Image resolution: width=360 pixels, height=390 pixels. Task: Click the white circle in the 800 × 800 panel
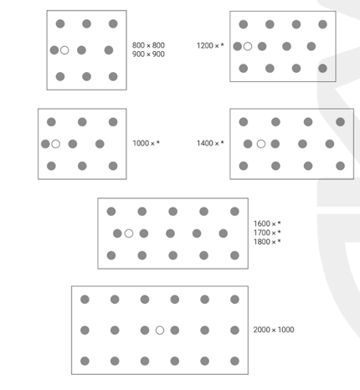point(64,50)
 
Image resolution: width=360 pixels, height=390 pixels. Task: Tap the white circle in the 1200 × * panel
point(248,46)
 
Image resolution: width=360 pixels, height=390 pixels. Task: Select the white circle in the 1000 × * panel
point(56,144)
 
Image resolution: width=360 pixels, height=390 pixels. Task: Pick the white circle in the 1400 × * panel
point(261,144)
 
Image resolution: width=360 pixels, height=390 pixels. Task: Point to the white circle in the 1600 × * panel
point(129,233)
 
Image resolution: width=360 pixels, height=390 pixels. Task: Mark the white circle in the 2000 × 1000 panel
point(160,331)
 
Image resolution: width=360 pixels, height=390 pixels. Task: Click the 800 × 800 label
point(148,45)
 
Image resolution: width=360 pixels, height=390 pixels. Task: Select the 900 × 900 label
point(148,54)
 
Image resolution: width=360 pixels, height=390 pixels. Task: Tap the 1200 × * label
point(210,45)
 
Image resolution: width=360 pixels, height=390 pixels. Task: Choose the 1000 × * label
point(146,143)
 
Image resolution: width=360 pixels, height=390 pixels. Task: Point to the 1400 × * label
point(210,143)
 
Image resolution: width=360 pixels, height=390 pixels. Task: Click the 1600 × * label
point(267,223)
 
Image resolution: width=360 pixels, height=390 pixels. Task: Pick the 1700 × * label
point(267,233)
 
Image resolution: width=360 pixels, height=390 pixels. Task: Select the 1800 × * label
point(267,242)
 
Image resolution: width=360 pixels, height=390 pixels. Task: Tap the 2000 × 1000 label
point(274,330)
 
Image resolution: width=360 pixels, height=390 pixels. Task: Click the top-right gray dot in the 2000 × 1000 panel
point(234,300)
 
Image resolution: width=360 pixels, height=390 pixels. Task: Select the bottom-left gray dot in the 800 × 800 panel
point(60,76)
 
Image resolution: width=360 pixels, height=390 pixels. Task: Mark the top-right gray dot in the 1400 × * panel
point(340,122)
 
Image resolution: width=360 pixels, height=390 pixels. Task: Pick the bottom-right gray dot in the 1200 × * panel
point(322,69)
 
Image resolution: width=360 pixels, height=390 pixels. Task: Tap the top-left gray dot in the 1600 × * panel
point(111,212)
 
